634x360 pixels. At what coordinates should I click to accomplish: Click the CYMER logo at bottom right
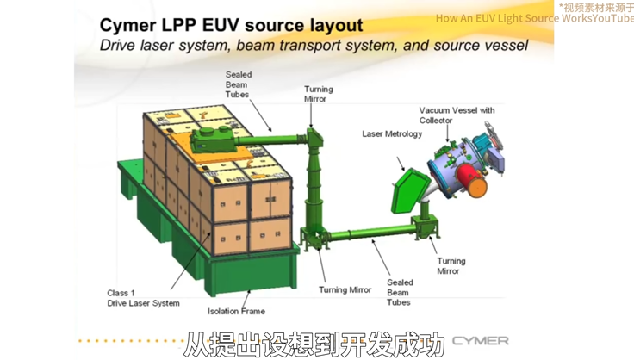tap(480, 340)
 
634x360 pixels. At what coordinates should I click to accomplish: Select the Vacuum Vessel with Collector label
tap(457, 115)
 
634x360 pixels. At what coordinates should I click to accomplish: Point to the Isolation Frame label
tap(236, 311)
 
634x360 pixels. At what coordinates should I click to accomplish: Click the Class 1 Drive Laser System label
tap(143, 298)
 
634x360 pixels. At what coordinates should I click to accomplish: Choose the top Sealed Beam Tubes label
tap(238, 84)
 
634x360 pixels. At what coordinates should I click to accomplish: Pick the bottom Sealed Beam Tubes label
tap(399, 292)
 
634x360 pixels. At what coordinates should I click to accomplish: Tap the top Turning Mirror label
tap(318, 94)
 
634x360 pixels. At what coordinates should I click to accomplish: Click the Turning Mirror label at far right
tap(451, 265)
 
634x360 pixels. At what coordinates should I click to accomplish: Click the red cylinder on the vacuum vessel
tap(472, 181)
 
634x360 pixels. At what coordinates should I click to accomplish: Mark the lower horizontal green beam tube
tap(370, 230)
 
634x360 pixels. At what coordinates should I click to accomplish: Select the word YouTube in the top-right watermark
tap(612, 18)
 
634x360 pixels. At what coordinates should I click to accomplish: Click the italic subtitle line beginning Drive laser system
tap(314, 45)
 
